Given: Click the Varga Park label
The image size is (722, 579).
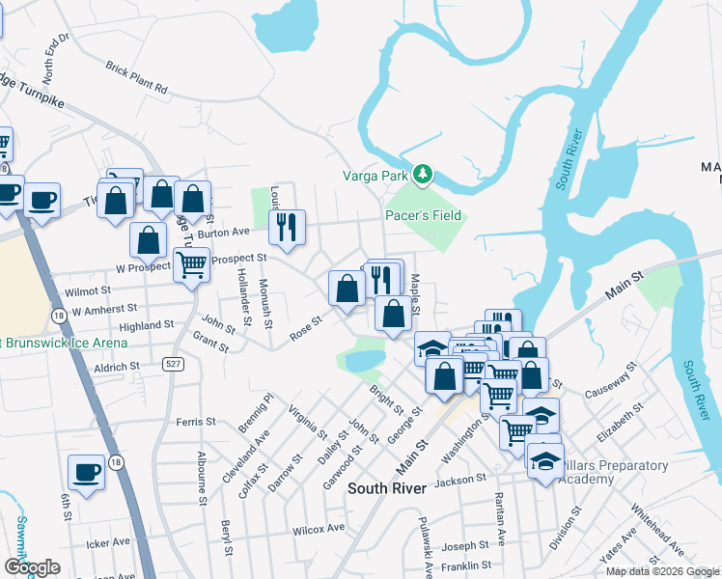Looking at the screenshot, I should pos(377,176).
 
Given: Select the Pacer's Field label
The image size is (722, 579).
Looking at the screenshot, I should pos(424,215).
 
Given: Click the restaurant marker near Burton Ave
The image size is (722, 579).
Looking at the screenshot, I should pos(287,228).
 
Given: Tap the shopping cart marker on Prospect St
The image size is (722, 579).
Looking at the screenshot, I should pos(192,262).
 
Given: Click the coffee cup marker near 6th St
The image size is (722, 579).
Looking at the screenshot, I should pos(87,473).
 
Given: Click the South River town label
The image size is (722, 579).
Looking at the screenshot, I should pos(387,489).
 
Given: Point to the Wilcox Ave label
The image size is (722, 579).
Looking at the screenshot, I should pos(319,529).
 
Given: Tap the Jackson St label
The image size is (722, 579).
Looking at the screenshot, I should pos(460,480).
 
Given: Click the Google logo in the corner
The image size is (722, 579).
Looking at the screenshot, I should pos(31,566).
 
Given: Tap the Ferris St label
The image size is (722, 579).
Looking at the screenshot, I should pos(195,422).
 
